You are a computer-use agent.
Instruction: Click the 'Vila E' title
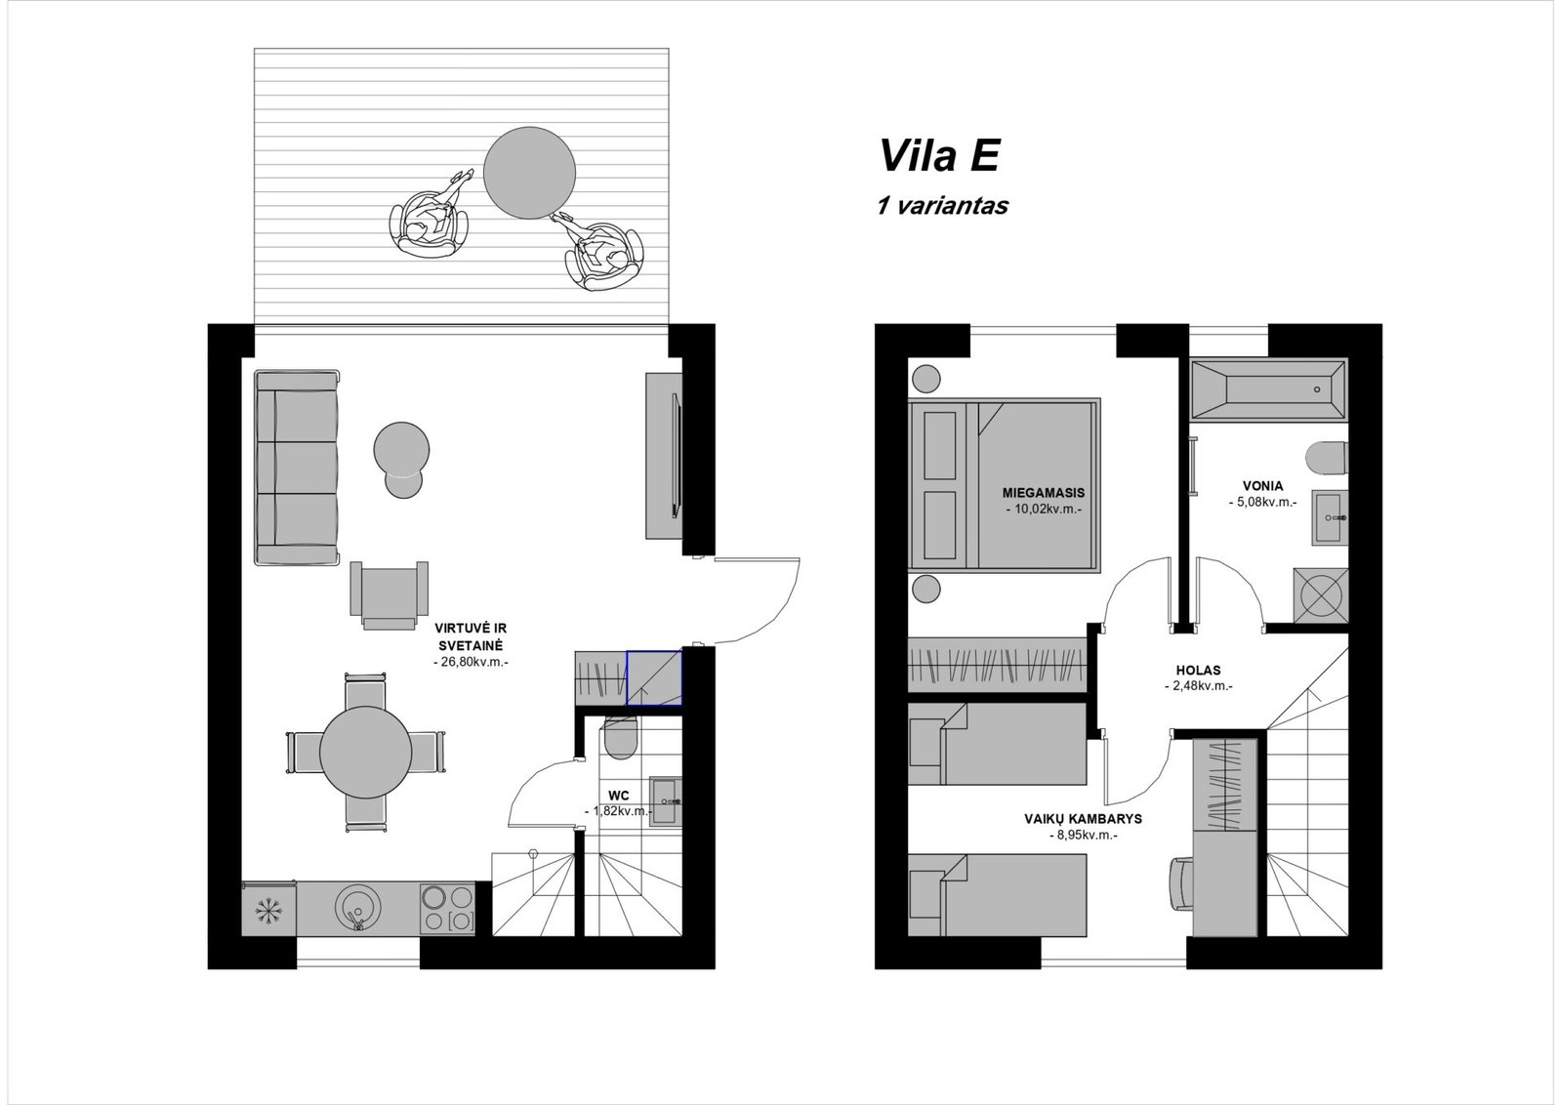pos(939,155)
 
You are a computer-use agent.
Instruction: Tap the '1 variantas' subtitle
pos(942,206)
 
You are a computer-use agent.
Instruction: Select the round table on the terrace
pos(529,173)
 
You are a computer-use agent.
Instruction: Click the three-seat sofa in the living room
pos(297,468)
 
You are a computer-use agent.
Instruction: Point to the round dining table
pos(365,753)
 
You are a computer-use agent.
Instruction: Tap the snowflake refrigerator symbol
pos(268,909)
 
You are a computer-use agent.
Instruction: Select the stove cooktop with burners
pos(447,908)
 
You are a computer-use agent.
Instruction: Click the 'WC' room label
pos(619,796)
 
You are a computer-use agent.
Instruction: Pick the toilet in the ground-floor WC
pos(620,740)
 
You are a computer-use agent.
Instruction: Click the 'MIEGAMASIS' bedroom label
pos(1044,493)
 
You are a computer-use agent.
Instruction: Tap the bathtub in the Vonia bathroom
pos(1268,389)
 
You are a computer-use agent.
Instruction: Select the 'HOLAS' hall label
pos(1198,670)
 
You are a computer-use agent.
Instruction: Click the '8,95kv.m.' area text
pos(1083,836)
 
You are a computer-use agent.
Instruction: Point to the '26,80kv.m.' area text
pos(471,662)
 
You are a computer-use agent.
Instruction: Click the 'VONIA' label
pos(1263,486)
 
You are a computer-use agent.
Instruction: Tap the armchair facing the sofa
pos(390,595)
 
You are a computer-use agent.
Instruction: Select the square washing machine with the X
pos(1321,595)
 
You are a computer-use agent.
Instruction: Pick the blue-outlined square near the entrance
pos(654,677)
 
